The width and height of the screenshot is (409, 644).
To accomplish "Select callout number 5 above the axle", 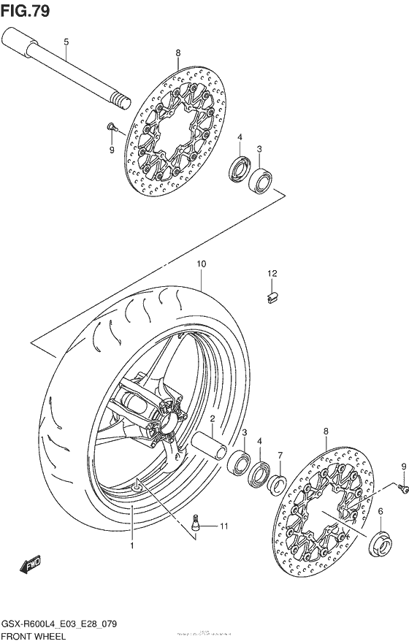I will point(66,42).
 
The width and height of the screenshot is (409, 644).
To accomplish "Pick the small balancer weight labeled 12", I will point(271,296).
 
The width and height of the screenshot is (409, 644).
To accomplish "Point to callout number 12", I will point(272,274).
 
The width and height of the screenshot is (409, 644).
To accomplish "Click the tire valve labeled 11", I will point(196,523).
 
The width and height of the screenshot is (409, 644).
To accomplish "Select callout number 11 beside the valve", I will point(224,526).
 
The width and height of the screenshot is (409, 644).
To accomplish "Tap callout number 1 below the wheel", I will point(132,545).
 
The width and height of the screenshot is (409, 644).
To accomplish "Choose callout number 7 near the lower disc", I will point(280,456).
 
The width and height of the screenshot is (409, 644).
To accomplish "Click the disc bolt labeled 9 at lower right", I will point(400,484).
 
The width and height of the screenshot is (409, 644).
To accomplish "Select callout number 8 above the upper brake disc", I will point(177,53).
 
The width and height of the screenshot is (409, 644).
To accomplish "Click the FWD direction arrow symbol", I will point(30,564).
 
